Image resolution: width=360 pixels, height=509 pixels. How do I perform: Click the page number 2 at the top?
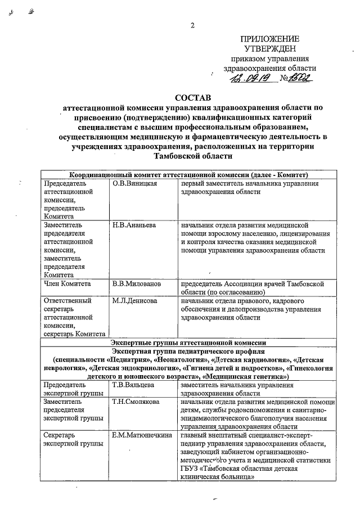click(x=192, y=25)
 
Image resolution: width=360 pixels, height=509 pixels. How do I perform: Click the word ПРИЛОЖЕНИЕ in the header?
click(x=269, y=39)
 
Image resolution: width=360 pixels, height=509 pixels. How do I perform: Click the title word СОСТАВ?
click(x=193, y=98)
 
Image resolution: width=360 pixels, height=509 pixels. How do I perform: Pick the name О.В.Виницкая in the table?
click(x=134, y=184)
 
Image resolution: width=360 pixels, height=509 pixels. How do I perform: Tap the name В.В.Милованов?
click(x=137, y=284)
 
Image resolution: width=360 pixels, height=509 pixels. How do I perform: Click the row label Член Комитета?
click(x=67, y=284)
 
